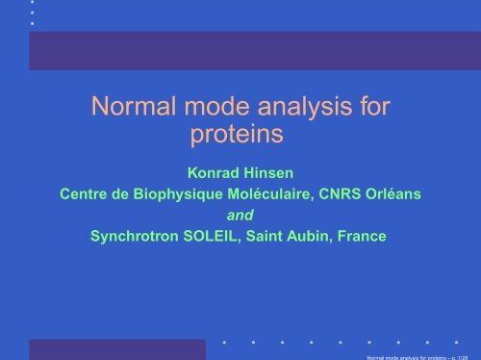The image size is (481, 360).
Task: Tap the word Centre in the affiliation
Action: pos(85,196)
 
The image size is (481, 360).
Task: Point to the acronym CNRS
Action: pos(355,196)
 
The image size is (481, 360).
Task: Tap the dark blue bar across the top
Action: pos(254,50)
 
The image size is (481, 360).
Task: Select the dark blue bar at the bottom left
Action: pos(116,348)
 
